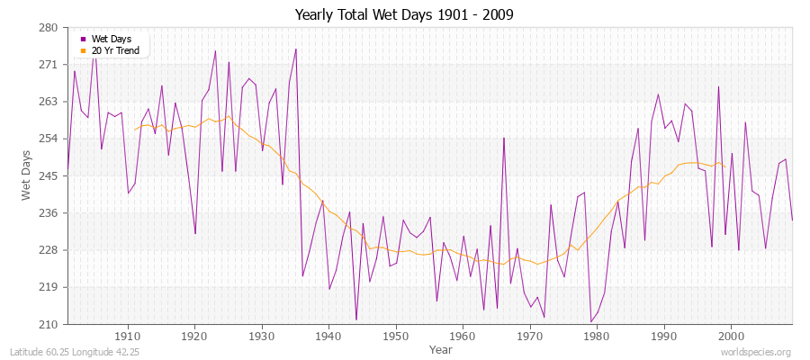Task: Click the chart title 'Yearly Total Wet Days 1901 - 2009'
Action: coord(404,15)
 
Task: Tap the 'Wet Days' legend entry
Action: coord(112,39)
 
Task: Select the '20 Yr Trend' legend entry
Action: coord(115,49)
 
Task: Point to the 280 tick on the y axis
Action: coord(49,28)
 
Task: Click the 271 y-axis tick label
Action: coord(49,65)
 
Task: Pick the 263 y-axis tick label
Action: coord(49,102)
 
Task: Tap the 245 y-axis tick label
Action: coord(49,175)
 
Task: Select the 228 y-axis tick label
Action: coord(49,249)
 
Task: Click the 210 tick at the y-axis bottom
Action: coord(49,324)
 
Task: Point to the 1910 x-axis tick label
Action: coord(128,336)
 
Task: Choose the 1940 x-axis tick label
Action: coord(328,336)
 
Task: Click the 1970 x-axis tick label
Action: coord(530,336)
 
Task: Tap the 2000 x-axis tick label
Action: coord(731,336)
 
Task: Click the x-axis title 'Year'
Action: coord(441,348)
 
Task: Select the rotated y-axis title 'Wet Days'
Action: coord(26,176)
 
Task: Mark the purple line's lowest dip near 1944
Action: coord(356,319)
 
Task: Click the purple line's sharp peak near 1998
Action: coord(718,86)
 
